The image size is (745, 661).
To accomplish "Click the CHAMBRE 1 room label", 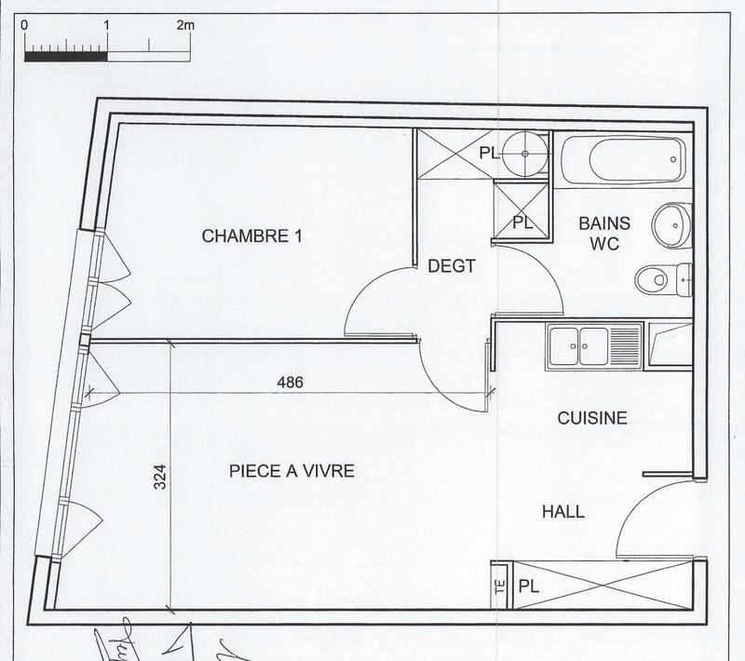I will pos(252,236).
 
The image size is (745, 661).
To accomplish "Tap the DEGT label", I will pos(452,266).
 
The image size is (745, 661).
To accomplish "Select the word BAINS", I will pos(604,223).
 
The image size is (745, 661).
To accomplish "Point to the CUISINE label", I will pos(591,419).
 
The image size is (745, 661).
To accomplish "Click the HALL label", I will pos(563,511).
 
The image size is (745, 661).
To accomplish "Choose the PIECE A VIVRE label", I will pos(291,472).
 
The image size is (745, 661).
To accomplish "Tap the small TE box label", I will pos(498,587).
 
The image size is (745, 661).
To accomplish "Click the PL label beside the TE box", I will pos(528,587).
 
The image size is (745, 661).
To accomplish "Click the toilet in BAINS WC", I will pos(660,277).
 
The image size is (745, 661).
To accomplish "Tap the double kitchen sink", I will pos(593,346).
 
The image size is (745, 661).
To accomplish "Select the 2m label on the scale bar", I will pos(183,26).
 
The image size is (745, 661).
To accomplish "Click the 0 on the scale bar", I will pos(24,26).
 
